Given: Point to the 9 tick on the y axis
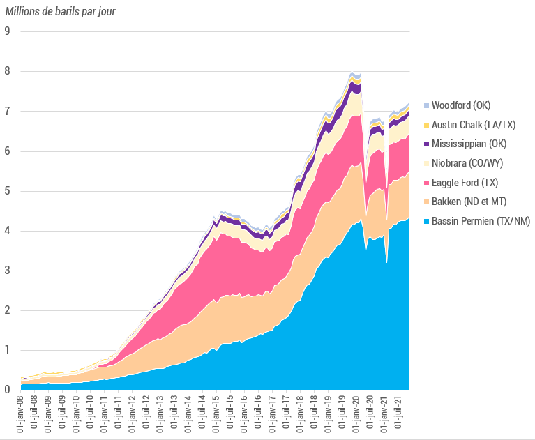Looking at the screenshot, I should coord(7,31).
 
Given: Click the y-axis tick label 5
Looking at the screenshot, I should coord(7,191).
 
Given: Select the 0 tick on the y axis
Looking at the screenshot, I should coord(7,390).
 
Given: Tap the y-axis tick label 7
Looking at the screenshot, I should coord(7,111).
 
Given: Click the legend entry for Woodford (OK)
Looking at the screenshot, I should coord(461,105).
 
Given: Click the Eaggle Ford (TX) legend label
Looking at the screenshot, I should coord(465,183).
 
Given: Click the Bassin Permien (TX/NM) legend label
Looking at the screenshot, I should coord(481,222).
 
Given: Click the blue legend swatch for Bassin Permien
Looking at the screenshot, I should coord(425,222).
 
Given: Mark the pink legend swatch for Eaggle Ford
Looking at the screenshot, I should coord(425,183).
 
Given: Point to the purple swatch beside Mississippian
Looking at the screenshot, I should coord(425,144).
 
